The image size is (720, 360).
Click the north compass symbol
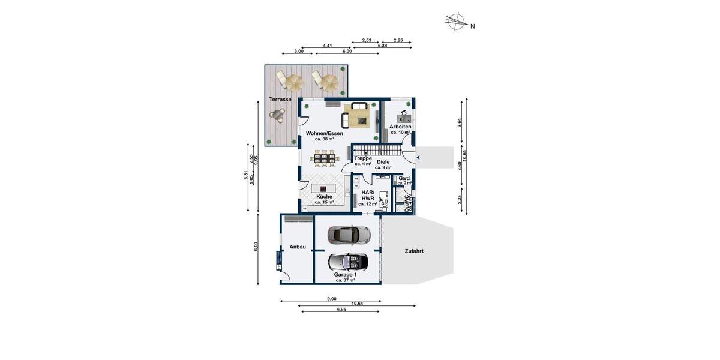point(457,22)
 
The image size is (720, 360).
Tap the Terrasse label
point(280,99)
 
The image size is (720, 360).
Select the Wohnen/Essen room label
point(324,133)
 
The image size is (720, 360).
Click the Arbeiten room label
point(400,127)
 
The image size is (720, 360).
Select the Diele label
point(383,162)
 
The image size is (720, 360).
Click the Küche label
point(324,197)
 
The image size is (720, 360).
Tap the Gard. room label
point(404,179)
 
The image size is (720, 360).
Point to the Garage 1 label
point(345,275)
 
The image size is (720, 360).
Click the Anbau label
point(298,247)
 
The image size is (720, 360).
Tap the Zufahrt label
point(413,251)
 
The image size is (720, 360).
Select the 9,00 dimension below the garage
point(331,298)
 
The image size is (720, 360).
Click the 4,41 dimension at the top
point(328,46)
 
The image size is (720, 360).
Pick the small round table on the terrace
point(277,113)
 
